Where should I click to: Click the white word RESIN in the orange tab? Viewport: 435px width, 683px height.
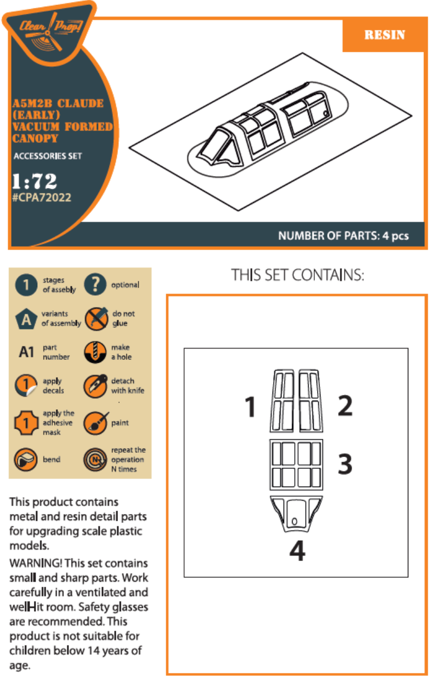[385, 34]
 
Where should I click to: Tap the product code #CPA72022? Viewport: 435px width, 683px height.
[42, 197]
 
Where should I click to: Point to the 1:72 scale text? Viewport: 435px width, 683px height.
[34, 181]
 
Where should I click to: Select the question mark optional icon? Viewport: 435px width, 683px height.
[95, 284]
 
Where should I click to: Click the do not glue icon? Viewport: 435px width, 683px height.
[96, 319]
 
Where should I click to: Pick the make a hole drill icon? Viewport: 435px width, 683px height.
[95, 352]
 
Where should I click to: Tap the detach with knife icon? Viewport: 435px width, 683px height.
[96, 386]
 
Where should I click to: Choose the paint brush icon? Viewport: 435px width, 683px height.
[96, 423]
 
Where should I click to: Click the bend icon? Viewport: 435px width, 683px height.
[26, 459]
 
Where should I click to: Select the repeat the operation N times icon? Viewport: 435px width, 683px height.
[95, 459]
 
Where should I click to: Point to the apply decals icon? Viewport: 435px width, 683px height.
[26, 385]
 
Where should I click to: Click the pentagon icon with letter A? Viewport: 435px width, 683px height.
[26, 319]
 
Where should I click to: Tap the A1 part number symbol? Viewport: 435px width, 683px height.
[27, 352]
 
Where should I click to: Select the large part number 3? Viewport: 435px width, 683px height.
[345, 464]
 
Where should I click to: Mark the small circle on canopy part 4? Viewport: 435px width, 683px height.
[294, 521]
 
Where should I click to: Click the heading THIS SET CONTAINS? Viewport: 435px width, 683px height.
[298, 275]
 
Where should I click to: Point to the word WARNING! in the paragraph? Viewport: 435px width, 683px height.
[36, 563]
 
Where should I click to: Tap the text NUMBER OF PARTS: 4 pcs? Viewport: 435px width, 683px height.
[343, 236]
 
